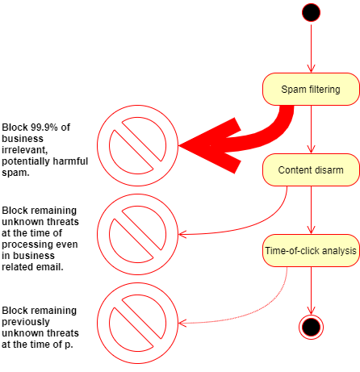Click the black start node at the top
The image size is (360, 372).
pos(311,12)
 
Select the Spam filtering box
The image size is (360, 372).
pos(311,89)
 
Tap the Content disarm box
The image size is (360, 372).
pos(311,169)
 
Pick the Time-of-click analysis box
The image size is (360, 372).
pos(311,250)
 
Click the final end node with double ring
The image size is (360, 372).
pos(311,327)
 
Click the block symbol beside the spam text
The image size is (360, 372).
pos(137,145)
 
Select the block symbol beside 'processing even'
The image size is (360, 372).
pos(137,234)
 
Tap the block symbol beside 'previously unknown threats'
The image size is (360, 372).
pos(137,323)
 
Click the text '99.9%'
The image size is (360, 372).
pos(44,127)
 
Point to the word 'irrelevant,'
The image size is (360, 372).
pos(25,150)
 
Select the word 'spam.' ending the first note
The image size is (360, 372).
pos(15,173)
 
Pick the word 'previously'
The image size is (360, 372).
pos(26,322)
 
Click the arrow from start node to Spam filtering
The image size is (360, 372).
pos(311,48)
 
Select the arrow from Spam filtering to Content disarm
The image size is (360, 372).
pos(311,129)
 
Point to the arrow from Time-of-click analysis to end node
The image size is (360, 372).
pos(311,290)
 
